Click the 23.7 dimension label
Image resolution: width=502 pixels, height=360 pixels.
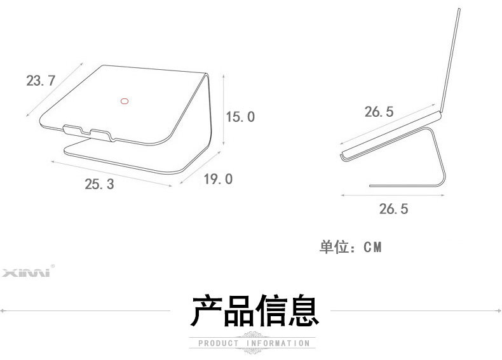[41, 81]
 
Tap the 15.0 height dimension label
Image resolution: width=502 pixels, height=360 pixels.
[240, 116]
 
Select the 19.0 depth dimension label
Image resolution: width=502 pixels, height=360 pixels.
[217, 179]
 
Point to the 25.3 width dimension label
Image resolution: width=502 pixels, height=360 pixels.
[99, 184]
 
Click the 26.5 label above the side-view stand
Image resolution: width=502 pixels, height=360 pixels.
[379, 112]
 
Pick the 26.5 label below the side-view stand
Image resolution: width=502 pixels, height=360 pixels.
[393, 208]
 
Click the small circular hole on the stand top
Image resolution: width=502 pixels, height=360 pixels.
[125, 100]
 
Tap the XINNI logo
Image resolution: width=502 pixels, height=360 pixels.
[29, 274]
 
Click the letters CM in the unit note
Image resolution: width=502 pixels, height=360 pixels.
[373, 246]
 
